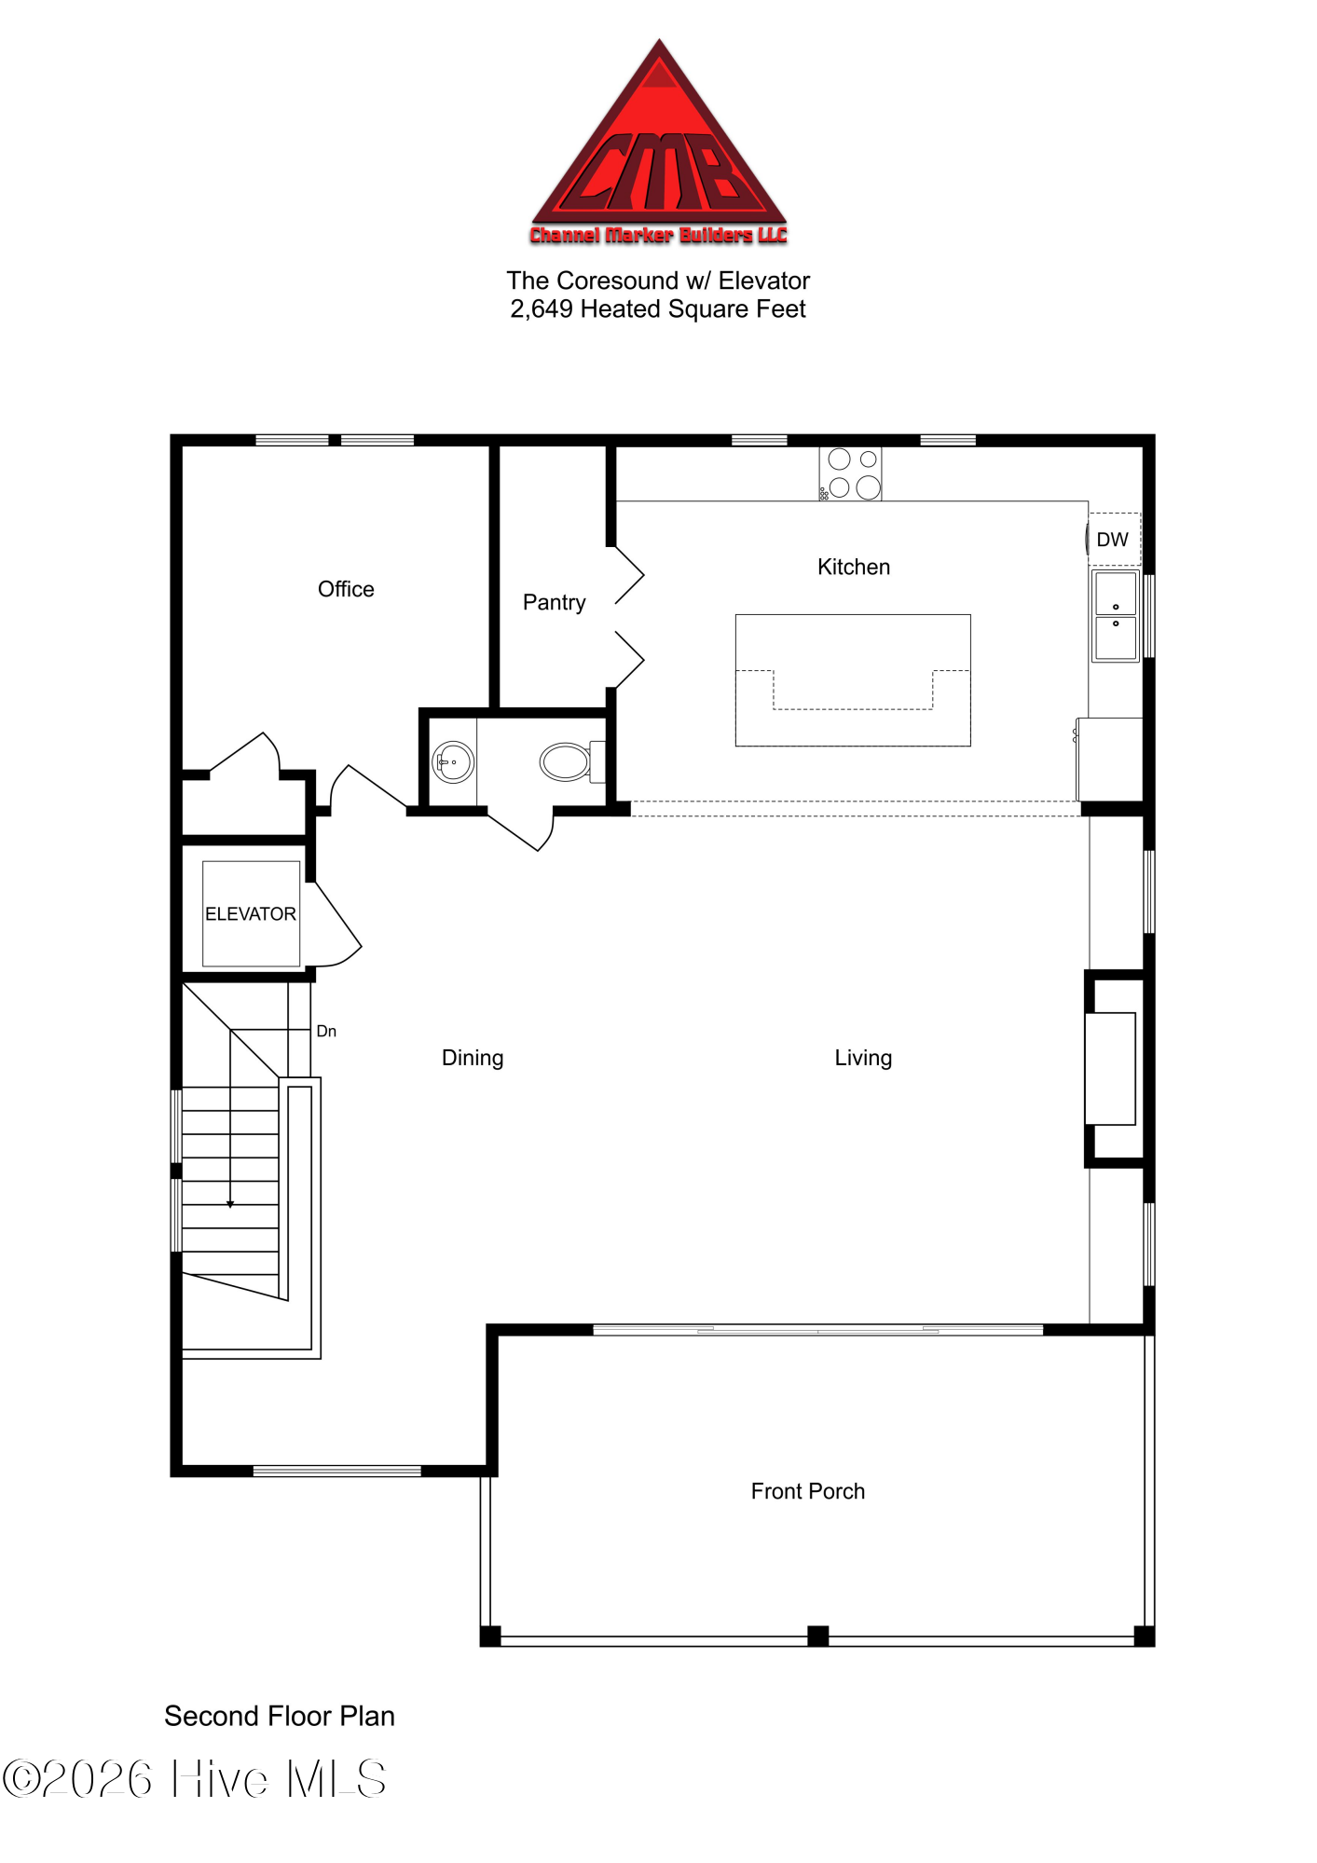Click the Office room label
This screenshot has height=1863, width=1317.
pos(346,589)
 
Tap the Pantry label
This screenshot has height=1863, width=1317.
pos(554,602)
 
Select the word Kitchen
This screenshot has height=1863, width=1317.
pos(853,567)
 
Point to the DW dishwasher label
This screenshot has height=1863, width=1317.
pos(1112,540)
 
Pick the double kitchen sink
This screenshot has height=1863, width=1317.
pos(1116,616)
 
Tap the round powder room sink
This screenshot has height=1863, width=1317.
pos(453,761)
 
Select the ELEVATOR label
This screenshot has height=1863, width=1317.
pos(250,914)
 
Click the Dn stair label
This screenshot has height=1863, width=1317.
pos(326,1031)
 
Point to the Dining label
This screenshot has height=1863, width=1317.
pos(473,1058)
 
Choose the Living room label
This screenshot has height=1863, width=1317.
pos(863,1058)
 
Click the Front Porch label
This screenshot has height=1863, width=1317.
pos(807,1491)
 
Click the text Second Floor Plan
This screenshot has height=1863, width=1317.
pos(280,1716)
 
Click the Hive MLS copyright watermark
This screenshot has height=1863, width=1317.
pos(194,1778)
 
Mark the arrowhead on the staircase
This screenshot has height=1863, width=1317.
pos(230,1204)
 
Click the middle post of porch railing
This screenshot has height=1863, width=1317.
pos(817,1636)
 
